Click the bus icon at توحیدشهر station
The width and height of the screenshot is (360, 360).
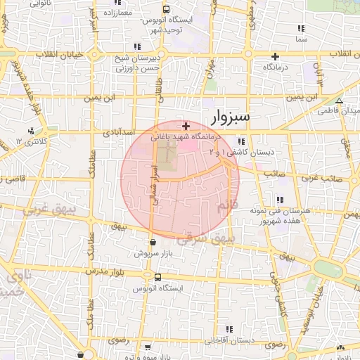click(166, 9)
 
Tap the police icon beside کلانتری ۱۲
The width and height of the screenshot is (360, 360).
click(31, 131)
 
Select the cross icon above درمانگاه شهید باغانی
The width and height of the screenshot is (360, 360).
click(186, 127)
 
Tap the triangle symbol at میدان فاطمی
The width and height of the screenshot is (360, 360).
click(339, 101)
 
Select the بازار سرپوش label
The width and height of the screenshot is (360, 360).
click(153, 252)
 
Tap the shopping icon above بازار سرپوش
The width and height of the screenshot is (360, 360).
click(153, 243)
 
